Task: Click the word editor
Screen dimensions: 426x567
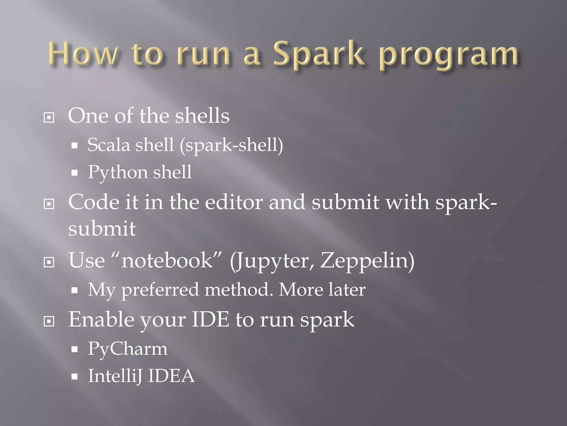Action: pyautogui.click(x=234, y=202)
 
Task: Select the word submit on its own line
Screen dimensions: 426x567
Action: pyautogui.click(x=102, y=229)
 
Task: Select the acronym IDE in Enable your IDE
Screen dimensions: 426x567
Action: pyautogui.click(x=210, y=319)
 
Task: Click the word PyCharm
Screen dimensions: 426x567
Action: pyautogui.click(x=128, y=349)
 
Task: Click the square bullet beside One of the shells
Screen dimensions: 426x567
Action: pyautogui.click(x=49, y=118)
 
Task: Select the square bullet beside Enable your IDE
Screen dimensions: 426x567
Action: pyautogui.click(x=49, y=321)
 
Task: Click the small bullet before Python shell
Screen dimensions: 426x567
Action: pyautogui.click(x=74, y=173)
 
